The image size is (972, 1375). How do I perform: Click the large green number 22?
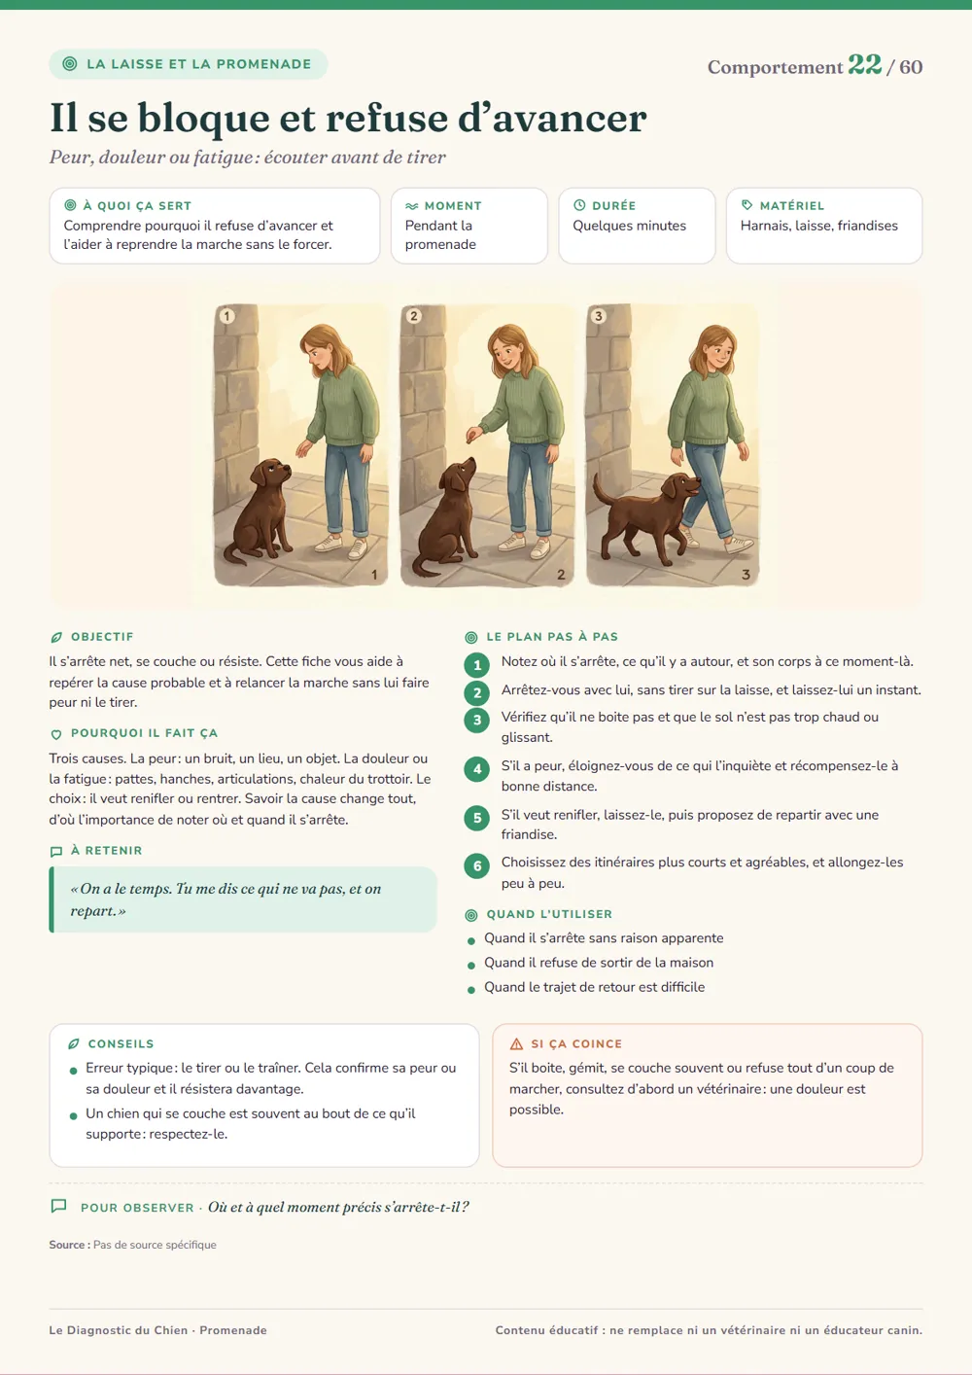point(865,64)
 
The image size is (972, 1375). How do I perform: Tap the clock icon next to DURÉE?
point(578,205)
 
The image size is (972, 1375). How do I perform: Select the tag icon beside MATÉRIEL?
point(746,205)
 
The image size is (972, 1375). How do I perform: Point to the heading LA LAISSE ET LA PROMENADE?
point(199,64)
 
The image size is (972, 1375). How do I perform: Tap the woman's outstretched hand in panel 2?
point(473,434)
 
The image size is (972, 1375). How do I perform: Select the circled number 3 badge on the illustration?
point(598,316)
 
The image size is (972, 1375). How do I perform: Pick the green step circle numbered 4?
point(477,769)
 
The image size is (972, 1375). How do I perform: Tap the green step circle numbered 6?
point(477,866)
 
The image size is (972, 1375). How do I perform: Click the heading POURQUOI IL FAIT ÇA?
point(144,733)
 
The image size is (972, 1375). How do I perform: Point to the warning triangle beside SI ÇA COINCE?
point(517,1043)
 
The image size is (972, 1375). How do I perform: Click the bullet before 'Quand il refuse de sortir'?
point(471,966)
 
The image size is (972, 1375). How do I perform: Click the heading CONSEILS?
point(121,1043)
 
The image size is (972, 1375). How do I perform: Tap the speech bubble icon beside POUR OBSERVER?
point(58,1206)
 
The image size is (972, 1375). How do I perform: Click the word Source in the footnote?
point(67,1245)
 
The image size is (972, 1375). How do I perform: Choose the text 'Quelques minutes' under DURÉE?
point(630,226)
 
